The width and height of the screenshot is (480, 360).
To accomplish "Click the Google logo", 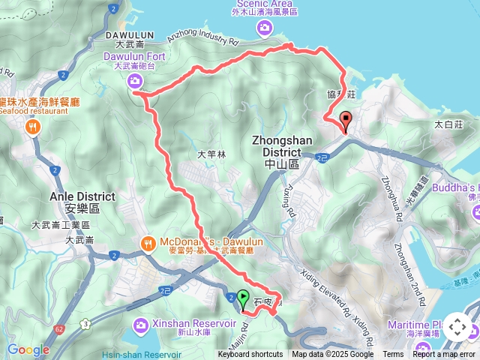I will (28, 349).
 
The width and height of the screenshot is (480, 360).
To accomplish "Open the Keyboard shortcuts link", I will (250, 355).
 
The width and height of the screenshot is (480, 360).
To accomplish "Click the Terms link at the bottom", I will (393, 355).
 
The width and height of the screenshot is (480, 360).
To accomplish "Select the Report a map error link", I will (445, 355).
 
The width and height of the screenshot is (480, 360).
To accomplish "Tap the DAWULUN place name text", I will (129, 35).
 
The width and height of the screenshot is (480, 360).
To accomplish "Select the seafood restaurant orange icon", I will (33, 127).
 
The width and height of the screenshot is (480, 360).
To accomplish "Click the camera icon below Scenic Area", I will (264, 28).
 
